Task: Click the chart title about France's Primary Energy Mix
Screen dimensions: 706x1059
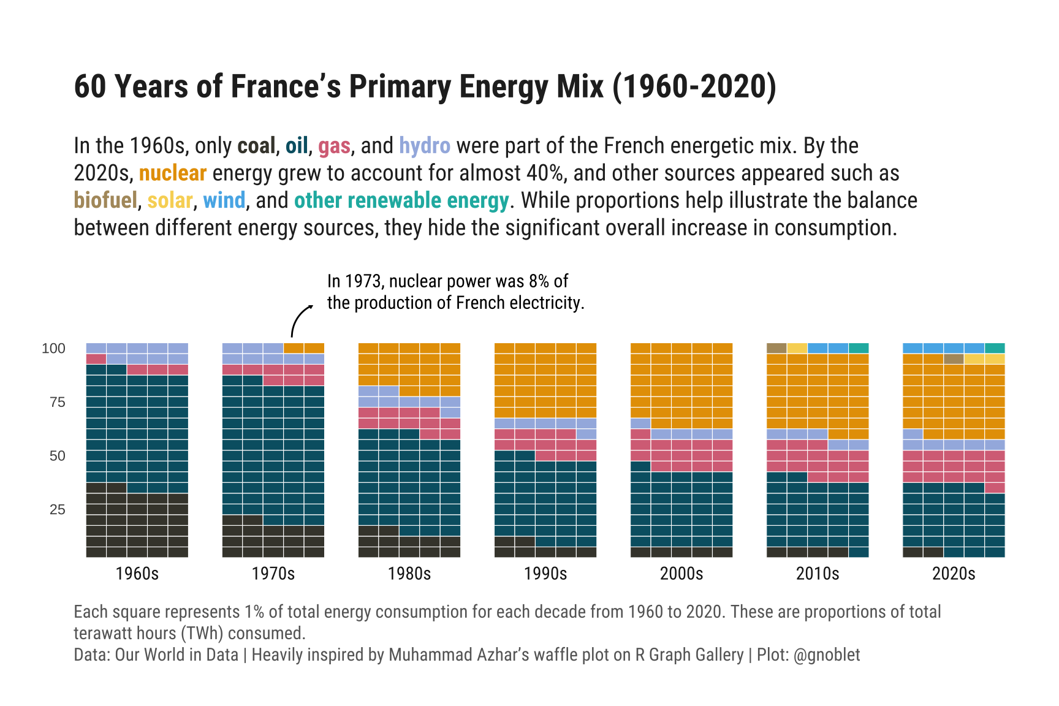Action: pos(425,86)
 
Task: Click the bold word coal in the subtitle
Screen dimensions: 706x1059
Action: pos(256,146)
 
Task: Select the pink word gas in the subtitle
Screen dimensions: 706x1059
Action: pos(334,146)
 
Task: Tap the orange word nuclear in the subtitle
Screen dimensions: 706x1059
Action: pos(172,173)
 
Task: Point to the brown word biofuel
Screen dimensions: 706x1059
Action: pos(105,200)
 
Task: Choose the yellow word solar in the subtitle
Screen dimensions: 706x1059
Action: pos(170,200)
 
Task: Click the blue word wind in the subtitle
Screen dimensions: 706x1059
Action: pos(224,200)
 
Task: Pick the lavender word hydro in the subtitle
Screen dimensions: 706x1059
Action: pos(424,146)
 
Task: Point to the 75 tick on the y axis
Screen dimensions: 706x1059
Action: pos(58,402)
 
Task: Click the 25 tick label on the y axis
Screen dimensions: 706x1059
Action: pos(58,509)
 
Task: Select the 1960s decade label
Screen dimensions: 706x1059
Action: pos(137,574)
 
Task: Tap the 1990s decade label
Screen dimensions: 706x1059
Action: pos(545,574)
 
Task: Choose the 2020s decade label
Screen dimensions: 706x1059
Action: pos(954,574)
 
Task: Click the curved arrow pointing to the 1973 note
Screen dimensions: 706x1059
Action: pos(299,319)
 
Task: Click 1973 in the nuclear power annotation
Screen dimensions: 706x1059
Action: pos(363,281)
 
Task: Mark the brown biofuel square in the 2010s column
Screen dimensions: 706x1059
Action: pos(776,348)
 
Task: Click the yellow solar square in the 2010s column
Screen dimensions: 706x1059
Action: pos(797,348)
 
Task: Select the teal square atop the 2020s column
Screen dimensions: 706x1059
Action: pos(995,348)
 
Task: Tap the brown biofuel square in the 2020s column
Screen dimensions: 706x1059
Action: pos(954,359)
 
